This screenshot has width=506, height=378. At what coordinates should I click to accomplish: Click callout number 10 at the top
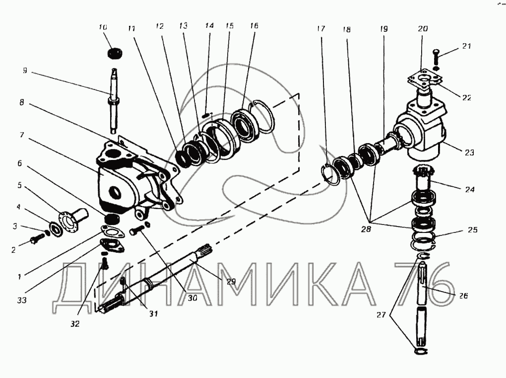pos(103,27)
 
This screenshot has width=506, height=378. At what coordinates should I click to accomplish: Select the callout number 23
pos(469,153)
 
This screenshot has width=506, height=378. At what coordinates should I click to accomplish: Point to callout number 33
pos(21,300)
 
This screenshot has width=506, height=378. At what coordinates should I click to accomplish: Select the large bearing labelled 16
pos(243,125)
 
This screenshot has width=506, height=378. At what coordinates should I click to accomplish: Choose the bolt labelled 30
pos(138,231)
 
